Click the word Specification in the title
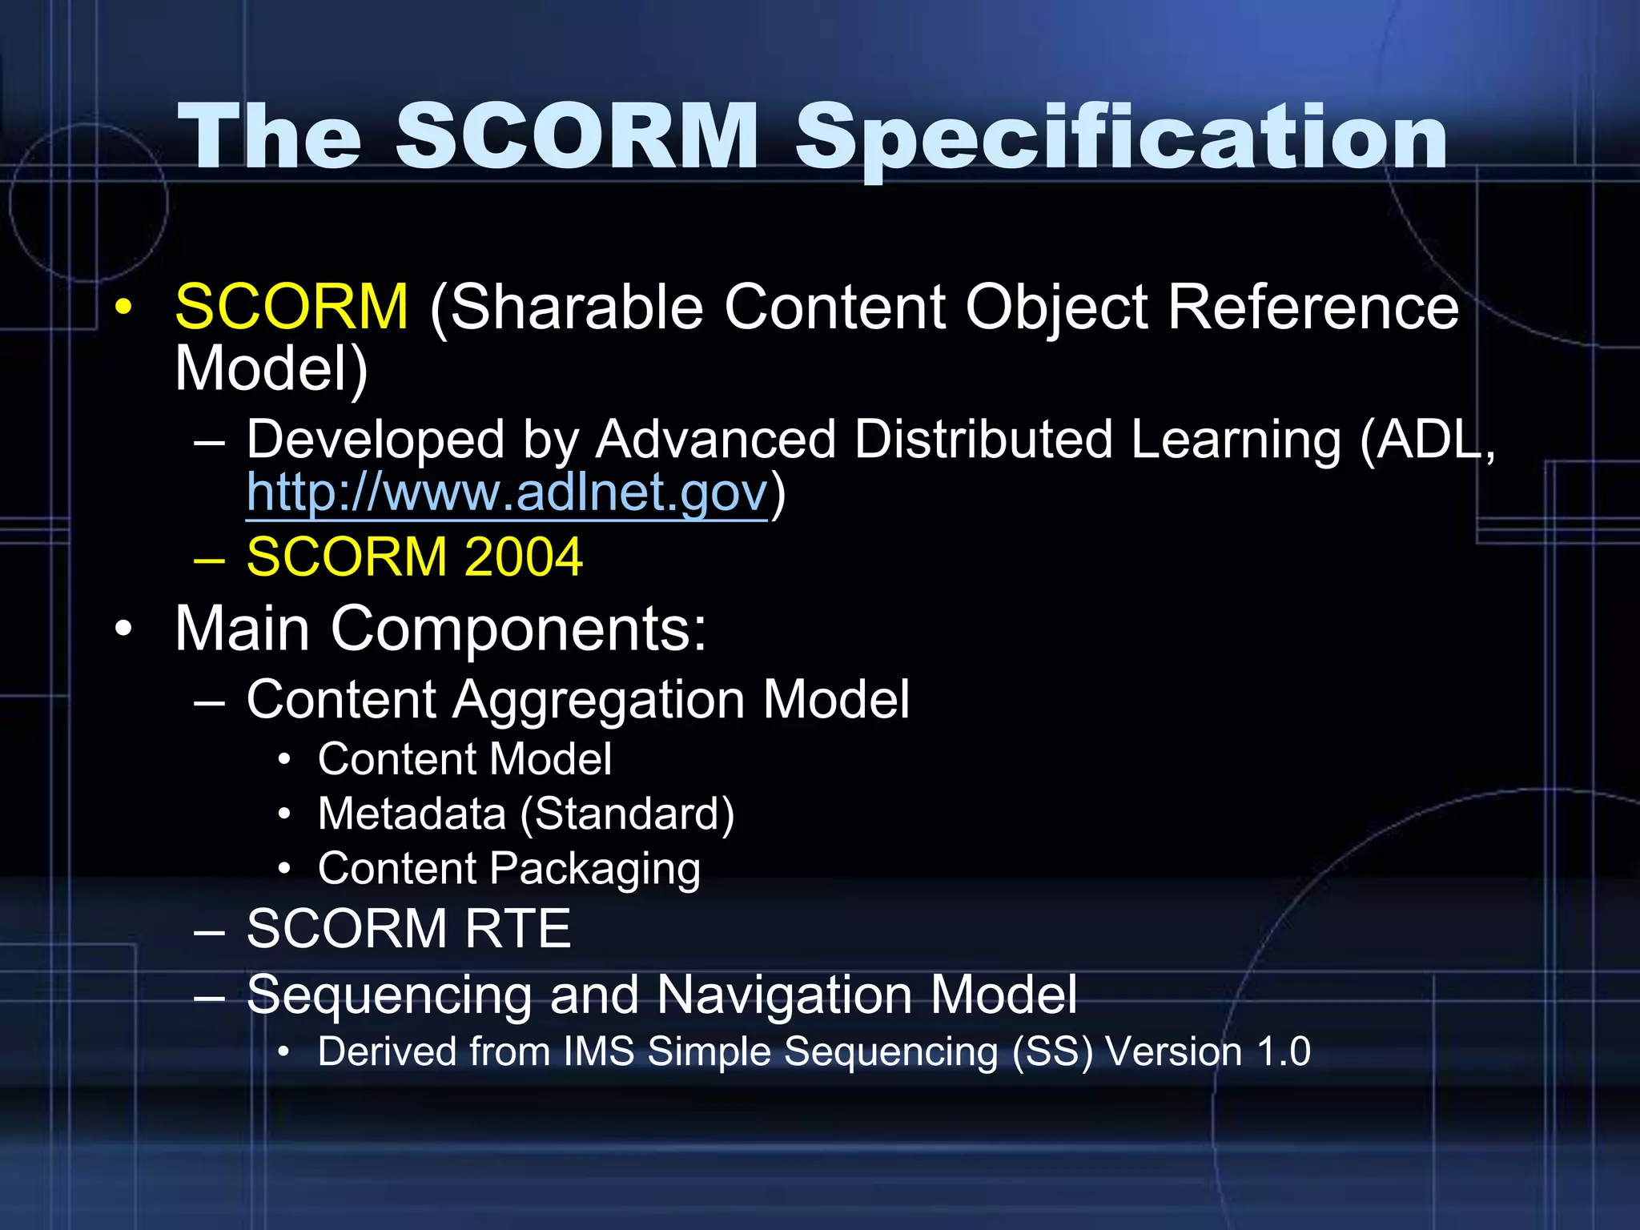point(1121,138)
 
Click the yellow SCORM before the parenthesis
point(291,307)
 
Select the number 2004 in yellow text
point(523,557)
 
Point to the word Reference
point(1313,307)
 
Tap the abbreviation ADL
point(1425,440)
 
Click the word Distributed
point(983,440)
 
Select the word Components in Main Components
point(519,630)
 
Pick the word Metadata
point(412,814)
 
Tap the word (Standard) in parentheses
point(627,814)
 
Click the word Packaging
point(595,870)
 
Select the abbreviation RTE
point(517,929)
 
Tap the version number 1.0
point(1284,1051)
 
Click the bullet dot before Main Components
point(123,630)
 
